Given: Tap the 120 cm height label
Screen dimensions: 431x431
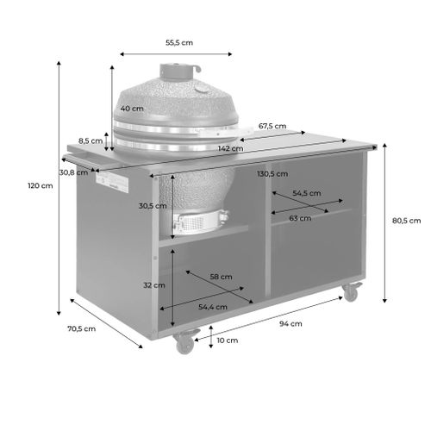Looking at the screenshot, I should pyautogui.click(x=35, y=185).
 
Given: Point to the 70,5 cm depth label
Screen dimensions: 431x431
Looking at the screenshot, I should pyautogui.click(x=83, y=328).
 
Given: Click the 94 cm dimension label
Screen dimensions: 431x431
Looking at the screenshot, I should pyautogui.click(x=290, y=324).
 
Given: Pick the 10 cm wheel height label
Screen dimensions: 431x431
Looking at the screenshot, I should pyautogui.click(x=227, y=340).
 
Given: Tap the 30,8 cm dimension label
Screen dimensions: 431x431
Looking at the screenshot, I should pyautogui.click(x=72, y=172).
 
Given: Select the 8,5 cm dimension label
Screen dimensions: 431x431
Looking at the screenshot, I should pyautogui.click(x=90, y=141).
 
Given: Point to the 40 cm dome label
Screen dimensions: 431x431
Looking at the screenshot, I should pyautogui.click(x=132, y=109).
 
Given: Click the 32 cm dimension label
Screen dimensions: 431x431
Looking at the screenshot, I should pyautogui.click(x=153, y=284).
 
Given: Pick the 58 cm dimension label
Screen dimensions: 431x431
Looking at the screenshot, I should pyautogui.click(x=221, y=277).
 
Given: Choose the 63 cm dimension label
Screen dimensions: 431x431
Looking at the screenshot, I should pyautogui.click(x=299, y=219).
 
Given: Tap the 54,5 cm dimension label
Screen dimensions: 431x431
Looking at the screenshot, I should pyautogui.click(x=307, y=194).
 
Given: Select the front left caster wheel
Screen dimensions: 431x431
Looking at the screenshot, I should pyautogui.click(x=184, y=344).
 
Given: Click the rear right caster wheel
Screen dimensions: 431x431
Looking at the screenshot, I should pyautogui.click(x=351, y=292).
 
